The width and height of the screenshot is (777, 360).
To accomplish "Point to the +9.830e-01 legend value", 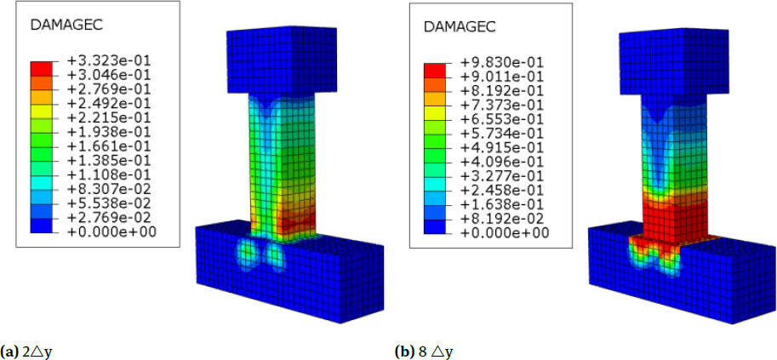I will click(x=500, y=64).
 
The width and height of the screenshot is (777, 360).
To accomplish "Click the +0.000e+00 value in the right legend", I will click(x=500, y=231).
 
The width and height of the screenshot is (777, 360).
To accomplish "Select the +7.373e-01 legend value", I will click(x=500, y=106).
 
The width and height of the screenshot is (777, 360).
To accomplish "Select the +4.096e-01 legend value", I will click(x=500, y=162).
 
